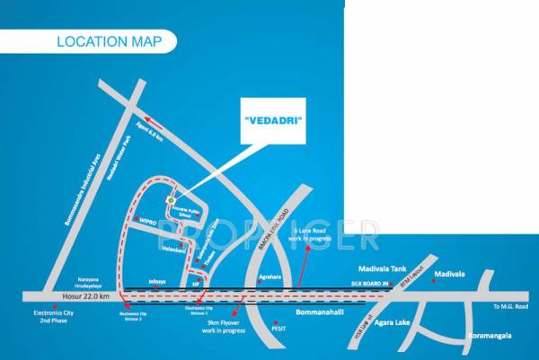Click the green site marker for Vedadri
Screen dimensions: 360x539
coord(171,199)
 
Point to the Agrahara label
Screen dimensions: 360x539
coord(270,277)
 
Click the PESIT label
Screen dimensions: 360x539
coord(280,329)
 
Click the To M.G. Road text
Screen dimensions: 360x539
coord(510,307)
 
